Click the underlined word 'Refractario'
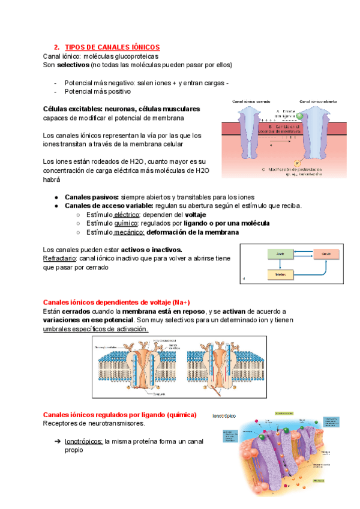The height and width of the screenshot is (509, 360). point(59,259)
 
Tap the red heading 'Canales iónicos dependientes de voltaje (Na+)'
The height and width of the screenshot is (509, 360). point(117,302)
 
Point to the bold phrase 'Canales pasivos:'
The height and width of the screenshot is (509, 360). point(92,197)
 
